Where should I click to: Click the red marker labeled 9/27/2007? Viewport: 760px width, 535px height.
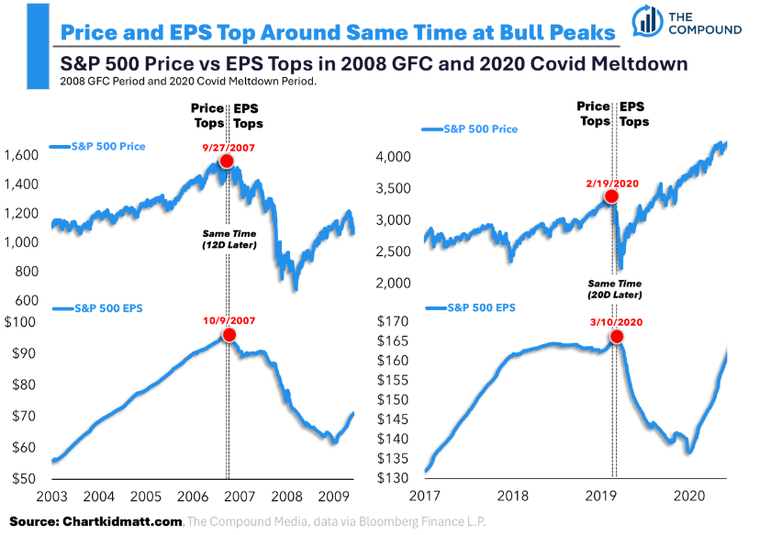(x=226, y=162)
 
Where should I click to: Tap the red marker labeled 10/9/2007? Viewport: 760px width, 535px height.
(x=229, y=335)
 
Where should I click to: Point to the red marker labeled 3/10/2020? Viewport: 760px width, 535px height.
(x=616, y=337)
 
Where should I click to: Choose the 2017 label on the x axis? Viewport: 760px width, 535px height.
(x=426, y=496)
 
